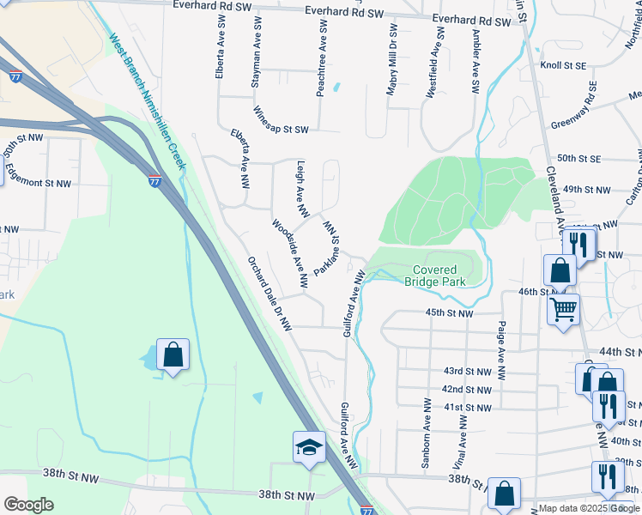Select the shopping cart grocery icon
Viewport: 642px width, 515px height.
click(x=564, y=310)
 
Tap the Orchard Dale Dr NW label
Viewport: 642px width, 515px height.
click(x=270, y=294)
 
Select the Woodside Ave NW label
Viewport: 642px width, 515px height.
click(x=290, y=253)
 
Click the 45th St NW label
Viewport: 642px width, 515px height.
click(x=449, y=314)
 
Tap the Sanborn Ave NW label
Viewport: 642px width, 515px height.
click(x=426, y=421)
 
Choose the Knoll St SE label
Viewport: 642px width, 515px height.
click(x=562, y=65)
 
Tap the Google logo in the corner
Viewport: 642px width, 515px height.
click(x=28, y=505)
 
